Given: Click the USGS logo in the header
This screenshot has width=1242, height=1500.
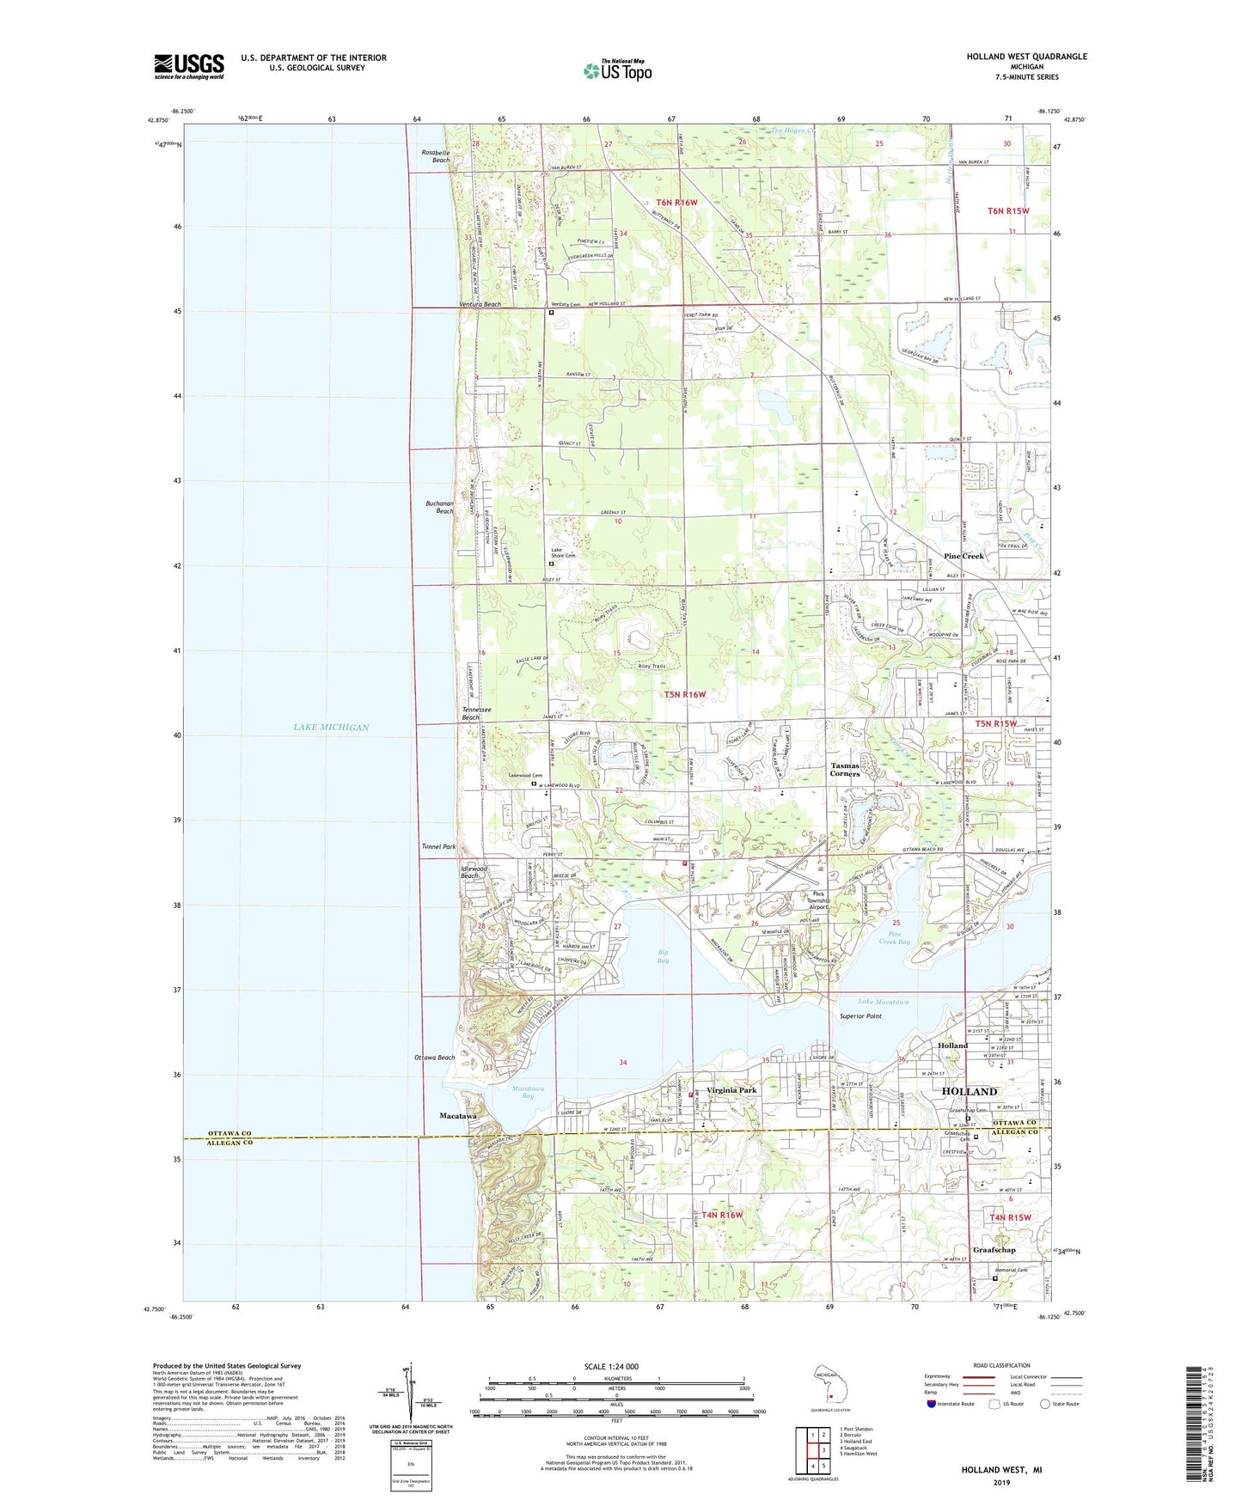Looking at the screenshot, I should [189, 66].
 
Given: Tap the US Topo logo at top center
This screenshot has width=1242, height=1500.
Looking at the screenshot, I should [617, 70].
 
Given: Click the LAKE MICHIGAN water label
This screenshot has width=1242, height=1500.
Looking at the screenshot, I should [331, 727].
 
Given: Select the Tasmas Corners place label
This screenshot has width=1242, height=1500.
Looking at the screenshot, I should [845, 769].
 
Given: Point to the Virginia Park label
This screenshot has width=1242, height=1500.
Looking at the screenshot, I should [731, 1090].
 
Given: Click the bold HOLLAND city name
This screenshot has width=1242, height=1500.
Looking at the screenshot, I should [970, 1091].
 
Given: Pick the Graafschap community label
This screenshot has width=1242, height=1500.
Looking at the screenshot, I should [994, 1250].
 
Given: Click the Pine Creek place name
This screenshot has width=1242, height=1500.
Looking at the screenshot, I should [964, 556].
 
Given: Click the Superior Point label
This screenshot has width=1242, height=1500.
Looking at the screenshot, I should [860, 1016].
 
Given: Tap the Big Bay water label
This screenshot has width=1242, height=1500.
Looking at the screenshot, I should [663, 955].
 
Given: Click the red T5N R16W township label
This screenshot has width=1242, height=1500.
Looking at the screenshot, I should [685, 694].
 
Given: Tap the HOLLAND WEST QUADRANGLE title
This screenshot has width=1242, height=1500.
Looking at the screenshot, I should [1026, 57].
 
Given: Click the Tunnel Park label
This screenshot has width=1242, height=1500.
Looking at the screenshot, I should [438, 846].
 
